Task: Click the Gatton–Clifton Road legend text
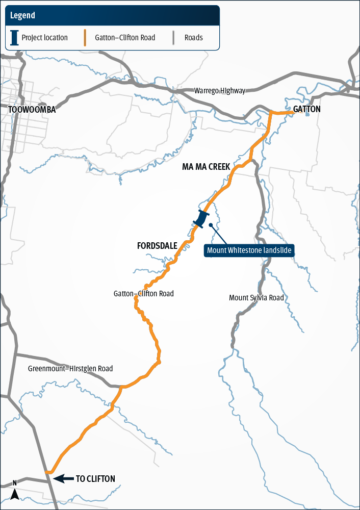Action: pyautogui.click(x=125, y=38)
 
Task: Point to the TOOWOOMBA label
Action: pyautogui.click(x=32, y=110)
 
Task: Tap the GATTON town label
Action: pyautogui.click(x=307, y=109)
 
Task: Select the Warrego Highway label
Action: pyautogui.click(x=219, y=91)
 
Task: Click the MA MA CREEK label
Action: pyautogui.click(x=206, y=167)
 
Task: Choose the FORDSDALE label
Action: pyautogui.click(x=157, y=246)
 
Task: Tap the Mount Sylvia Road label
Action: pyautogui.click(x=256, y=298)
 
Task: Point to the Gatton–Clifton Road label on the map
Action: pyautogui.click(x=144, y=294)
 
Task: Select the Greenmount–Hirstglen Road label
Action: pyautogui.click(x=70, y=369)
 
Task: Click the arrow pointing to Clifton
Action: pyautogui.click(x=63, y=478)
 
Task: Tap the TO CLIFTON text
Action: pyautogui.click(x=95, y=479)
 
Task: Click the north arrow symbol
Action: pyautogui.click(x=15, y=492)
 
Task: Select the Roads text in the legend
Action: pyautogui.click(x=194, y=38)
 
